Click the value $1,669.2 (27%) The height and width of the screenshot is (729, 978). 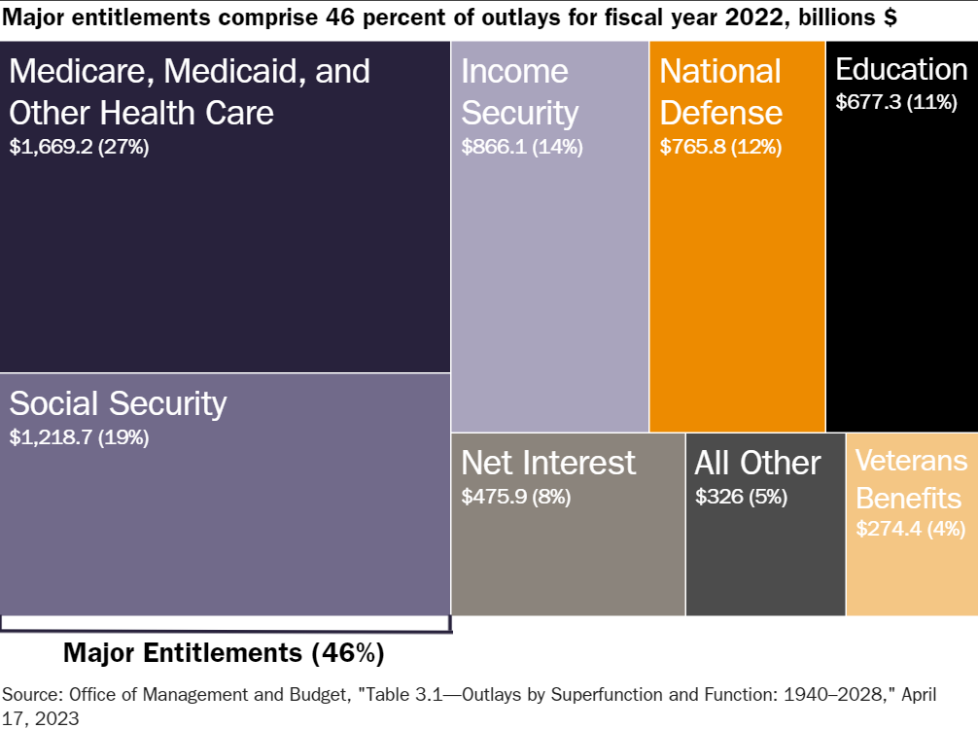(x=79, y=148)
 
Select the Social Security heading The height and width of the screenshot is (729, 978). (x=118, y=402)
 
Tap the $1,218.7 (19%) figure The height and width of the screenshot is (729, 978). (x=79, y=437)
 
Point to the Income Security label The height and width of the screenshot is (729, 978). (x=519, y=92)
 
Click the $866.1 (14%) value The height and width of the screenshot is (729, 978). (x=521, y=148)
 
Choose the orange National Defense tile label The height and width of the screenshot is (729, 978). (x=720, y=92)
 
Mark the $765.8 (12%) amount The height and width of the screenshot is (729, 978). (x=720, y=148)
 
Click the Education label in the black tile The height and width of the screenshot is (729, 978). (x=901, y=70)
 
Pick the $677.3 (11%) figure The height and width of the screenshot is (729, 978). (x=896, y=102)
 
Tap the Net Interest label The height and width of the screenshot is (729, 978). (x=548, y=463)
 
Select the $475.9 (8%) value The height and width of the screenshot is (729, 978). (x=515, y=497)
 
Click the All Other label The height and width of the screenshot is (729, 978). (x=757, y=463)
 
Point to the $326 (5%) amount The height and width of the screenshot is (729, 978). (x=741, y=497)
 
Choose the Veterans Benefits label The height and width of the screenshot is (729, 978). (x=911, y=479)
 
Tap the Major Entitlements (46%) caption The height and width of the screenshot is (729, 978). (x=224, y=652)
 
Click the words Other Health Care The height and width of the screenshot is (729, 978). (x=141, y=113)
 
